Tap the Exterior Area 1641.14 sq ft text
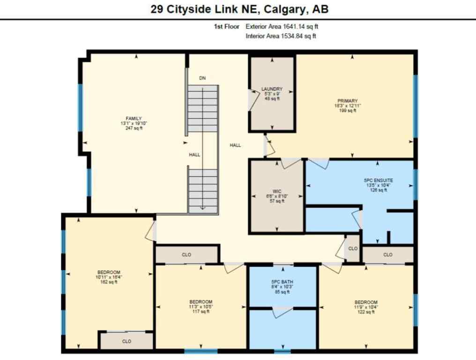[285, 27]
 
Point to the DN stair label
[202, 78]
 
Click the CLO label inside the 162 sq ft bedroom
[126, 341]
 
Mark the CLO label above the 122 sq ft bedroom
[387, 255]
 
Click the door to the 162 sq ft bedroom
[150, 232]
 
